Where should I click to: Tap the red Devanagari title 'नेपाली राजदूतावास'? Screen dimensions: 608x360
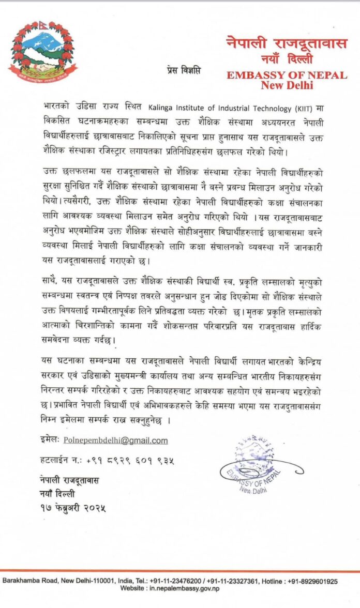(287, 43)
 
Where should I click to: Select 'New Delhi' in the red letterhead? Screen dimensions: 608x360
(287, 85)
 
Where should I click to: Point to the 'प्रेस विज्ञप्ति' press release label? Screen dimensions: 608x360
(184, 68)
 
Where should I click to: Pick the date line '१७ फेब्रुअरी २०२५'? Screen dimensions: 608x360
(73, 508)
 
